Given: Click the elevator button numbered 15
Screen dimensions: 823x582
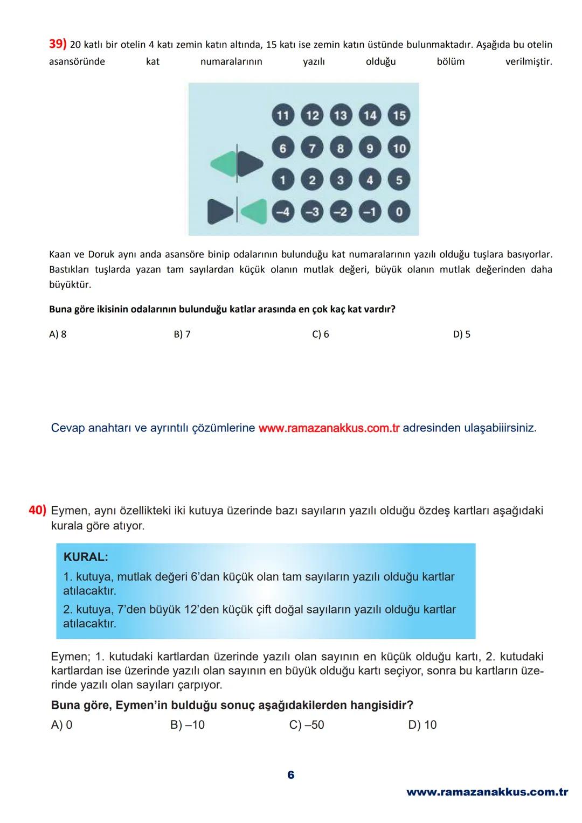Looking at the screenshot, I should coord(399,115).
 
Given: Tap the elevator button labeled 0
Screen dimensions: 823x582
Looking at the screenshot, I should coord(399,212).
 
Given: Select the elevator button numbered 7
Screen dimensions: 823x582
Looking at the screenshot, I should coord(312,148).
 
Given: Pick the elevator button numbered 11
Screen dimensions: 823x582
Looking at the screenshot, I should coord(283,115).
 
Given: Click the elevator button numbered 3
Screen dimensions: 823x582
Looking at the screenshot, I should coord(341,180).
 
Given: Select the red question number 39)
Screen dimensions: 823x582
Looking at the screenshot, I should coord(58,44).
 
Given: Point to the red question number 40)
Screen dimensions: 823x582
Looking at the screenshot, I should coord(38,510).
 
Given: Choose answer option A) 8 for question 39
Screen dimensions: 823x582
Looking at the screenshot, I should coord(58,334).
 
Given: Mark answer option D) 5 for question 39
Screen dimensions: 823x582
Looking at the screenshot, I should coord(461,334).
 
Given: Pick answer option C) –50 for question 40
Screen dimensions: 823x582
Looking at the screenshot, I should coord(307,724).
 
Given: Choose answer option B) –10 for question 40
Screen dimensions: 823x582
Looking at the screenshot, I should coord(188,724).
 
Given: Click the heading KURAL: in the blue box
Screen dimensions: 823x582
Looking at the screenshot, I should coord(86,557).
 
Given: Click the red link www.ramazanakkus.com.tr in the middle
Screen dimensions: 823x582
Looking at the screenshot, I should coord(329,428).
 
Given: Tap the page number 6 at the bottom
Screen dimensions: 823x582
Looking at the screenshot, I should coord(291,775).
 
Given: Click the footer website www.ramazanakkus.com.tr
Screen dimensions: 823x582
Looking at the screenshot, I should coord(487,792).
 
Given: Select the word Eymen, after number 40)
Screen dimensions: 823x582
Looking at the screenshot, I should coord(71,510).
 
